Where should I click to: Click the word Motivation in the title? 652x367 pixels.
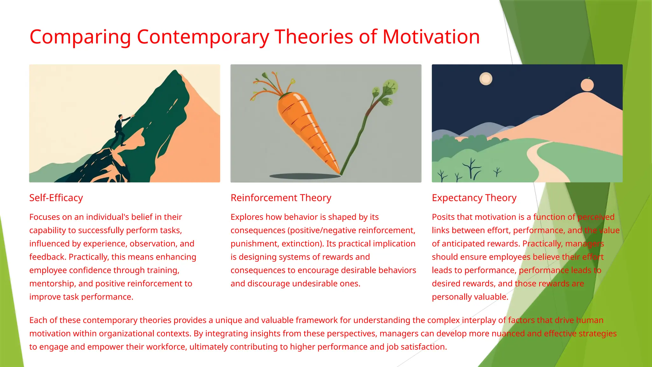(431, 37)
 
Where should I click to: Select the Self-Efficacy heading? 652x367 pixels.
(56, 198)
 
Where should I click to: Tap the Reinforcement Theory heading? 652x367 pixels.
(281, 198)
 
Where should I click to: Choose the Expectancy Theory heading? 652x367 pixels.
(474, 198)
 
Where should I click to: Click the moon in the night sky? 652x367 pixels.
(486, 79)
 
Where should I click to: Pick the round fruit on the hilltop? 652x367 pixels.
(587, 85)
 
